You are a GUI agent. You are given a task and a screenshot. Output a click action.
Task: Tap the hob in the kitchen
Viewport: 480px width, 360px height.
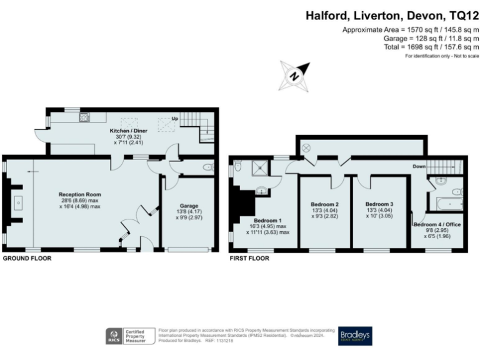pos(83,117)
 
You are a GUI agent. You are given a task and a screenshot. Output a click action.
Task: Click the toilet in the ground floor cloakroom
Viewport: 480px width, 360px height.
pos(208,167)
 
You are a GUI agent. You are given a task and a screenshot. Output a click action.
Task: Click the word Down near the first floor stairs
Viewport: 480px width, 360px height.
pos(419,167)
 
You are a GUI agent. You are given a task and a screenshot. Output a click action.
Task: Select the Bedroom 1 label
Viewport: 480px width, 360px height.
pos(268,220)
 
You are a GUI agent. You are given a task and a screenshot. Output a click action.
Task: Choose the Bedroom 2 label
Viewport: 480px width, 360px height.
pos(324,204)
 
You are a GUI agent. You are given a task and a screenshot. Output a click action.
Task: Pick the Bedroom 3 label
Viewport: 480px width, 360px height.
pos(379,204)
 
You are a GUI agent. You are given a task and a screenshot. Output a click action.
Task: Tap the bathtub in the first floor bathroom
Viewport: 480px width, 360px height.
pos(446,204)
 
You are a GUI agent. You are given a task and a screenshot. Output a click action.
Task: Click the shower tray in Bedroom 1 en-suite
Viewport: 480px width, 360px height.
pos(257,167)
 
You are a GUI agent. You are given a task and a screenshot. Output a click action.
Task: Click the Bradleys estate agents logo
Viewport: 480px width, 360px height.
pos(355,336)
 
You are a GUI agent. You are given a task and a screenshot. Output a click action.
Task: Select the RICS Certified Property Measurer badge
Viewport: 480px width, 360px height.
pos(129,336)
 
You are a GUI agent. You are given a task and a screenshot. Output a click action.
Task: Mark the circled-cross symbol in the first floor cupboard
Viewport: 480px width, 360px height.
pos(306,147)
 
